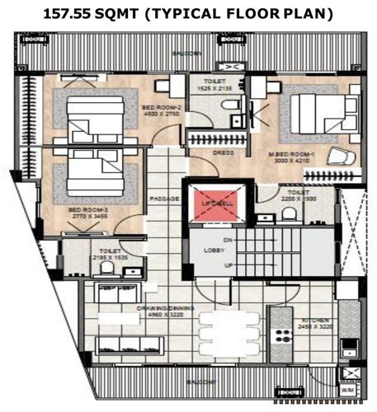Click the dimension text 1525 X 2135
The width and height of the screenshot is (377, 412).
point(217,88)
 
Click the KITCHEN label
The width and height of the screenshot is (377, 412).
point(315,319)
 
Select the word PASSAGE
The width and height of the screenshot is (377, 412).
point(165,199)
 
